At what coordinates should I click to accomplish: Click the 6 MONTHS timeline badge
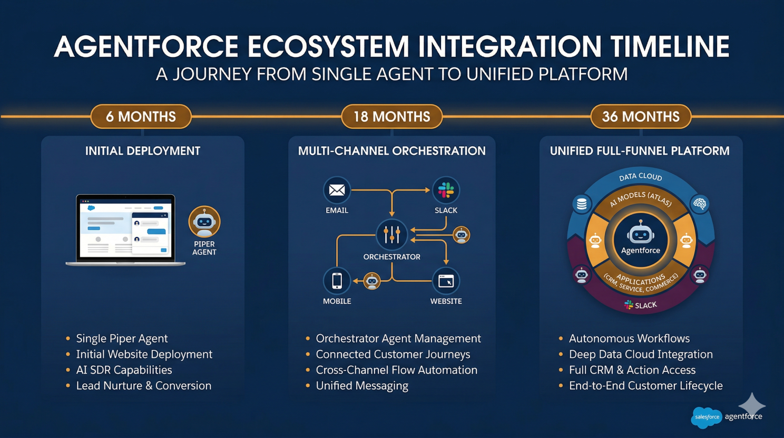pos(141,117)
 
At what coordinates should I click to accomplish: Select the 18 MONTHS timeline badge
pos(391,117)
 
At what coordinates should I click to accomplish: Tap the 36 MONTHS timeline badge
pos(641,117)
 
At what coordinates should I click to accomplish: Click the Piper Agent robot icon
pos(204,222)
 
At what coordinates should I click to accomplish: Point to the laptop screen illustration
pos(125,228)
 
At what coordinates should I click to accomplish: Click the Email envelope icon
pos(337,190)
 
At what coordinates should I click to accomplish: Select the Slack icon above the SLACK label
pos(446,190)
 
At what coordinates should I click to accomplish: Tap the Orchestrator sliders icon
pos(391,234)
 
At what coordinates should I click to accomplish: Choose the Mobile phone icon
pos(337,281)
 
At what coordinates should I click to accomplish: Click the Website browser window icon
pos(446,281)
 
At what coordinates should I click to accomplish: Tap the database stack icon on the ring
pos(582,204)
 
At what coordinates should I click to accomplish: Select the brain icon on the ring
pos(700,204)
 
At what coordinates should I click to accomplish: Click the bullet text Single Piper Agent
pos(122,338)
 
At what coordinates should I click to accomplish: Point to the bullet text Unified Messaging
pos(362,386)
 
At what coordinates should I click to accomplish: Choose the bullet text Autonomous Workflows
pos(629,338)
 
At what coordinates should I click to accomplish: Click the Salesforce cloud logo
pos(707,417)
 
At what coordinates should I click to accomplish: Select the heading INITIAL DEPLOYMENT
pos(143,151)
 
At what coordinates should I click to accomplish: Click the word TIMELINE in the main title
pos(670,47)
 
